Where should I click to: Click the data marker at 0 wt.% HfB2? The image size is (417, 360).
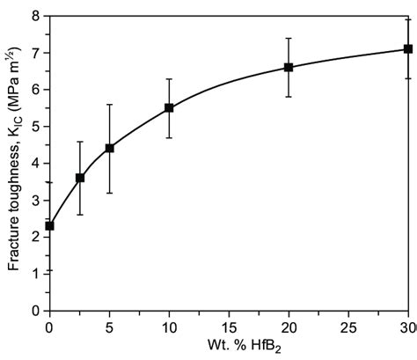pyautogui.click(x=49, y=226)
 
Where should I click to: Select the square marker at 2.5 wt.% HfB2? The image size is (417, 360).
pyautogui.click(x=80, y=178)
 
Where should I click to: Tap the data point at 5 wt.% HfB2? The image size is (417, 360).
pyautogui.click(x=109, y=148)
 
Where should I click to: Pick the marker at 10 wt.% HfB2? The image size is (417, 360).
pyautogui.click(x=169, y=107)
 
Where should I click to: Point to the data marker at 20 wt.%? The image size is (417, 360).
pyautogui.click(x=289, y=67)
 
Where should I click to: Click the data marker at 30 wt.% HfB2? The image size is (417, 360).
pyautogui.click(x=408, y=48)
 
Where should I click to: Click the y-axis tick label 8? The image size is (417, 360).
pyautogui.click(x=36, y=16)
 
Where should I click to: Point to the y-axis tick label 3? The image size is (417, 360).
pyautogui.click(x=36, y=200)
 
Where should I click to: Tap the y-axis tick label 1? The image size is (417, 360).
pyautogui.click(x=36, y=274)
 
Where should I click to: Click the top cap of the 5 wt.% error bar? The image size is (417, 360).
pyautogui.click(x=109, y=104)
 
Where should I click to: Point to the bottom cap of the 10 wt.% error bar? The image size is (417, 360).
pyautogui.click(x=169, y=137)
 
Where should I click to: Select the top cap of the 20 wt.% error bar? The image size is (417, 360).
pyautogui.click(x=289, y=38)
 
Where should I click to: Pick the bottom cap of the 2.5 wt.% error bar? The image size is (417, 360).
pyautogui.click(x=80, y=215)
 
